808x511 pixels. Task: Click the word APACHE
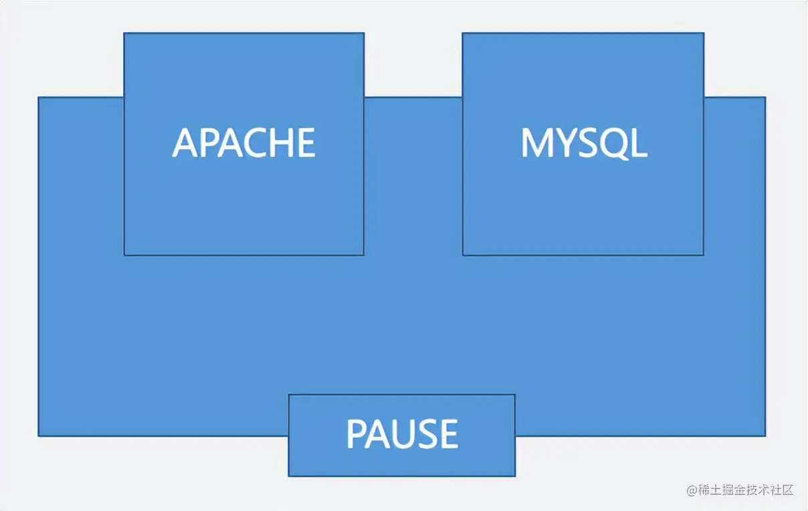coord(244,142)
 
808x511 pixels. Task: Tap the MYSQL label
coord(584,142)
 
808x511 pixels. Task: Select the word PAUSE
coord(402,433)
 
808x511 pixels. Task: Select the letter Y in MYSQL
coord(563,142)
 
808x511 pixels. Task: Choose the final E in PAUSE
coord(449,433)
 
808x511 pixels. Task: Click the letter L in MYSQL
coord(638,142)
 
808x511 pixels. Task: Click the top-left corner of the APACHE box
coord(124,33)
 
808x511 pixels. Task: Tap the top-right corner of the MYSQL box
coord(703,33)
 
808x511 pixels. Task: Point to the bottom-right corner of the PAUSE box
coord(514,476)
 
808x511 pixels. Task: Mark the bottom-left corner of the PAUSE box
coord(289,476)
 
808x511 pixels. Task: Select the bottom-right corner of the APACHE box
coord(363,254)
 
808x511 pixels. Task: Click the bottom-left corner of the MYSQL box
coord(463,254)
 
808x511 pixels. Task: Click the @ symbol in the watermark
coord(692,490)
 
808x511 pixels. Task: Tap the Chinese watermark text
coord(746,490)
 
